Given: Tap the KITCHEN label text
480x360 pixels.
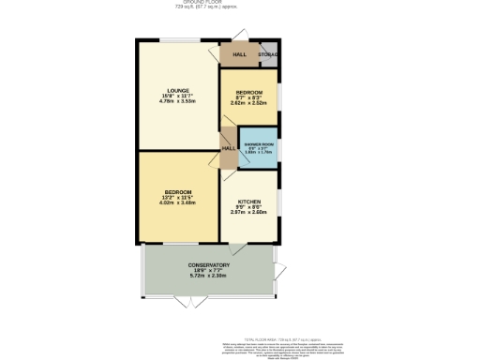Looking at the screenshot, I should [248, 202].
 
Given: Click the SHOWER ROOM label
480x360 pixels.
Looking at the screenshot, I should [256, 145].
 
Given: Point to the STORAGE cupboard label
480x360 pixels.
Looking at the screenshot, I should [268, 55].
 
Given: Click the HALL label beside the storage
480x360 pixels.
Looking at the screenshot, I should [239, 55].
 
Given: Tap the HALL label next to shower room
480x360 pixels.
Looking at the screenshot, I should [228, 148].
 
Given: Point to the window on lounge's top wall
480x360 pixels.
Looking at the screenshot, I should [177, 39].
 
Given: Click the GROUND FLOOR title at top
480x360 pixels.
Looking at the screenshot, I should [240, 3].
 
